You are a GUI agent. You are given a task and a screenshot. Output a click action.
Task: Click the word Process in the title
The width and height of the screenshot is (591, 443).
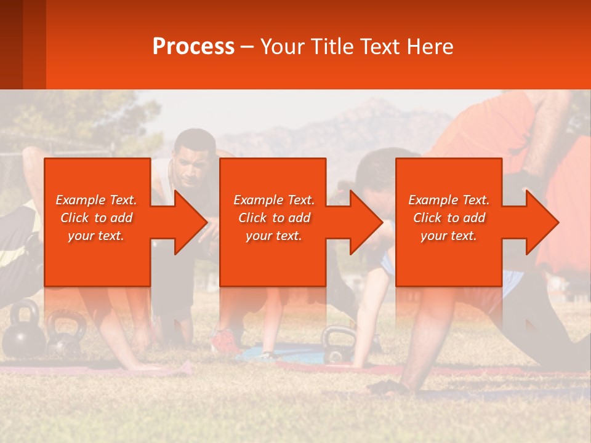tap(193, 46)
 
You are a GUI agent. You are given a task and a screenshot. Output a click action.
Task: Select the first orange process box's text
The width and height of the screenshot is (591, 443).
tap(96, 218)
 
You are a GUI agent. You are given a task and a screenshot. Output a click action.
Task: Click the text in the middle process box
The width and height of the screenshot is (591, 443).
tap(274, 218)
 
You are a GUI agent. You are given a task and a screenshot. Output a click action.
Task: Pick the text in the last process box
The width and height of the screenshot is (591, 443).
tap(449, 218)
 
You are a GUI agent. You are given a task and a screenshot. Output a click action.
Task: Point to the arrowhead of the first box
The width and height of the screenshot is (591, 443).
tap(190, 222)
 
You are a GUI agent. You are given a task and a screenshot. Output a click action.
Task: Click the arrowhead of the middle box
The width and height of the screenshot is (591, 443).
tap(366, 222)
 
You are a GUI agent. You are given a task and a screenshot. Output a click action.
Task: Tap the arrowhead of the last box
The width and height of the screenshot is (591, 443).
tap(542, 222)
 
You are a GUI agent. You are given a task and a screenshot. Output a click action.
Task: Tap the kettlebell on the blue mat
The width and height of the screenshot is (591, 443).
tap(339, 345)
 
